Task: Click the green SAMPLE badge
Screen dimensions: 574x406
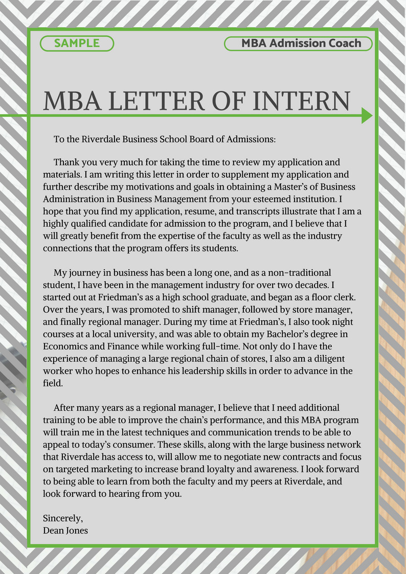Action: click(77, 43)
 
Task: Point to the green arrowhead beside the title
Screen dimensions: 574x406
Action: click(367, 116)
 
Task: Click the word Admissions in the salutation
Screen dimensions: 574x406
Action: click(253, 139)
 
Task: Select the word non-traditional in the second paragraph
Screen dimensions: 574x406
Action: click(296, 272)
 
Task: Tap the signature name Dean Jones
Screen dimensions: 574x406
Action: click(65, 530)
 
